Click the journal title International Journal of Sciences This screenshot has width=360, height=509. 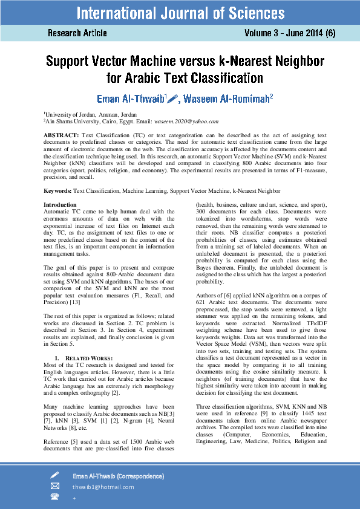point(180,13)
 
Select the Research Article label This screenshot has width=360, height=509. point(77,33)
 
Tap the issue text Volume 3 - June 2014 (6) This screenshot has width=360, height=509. point(290,33)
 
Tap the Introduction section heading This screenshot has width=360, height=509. point(60,205)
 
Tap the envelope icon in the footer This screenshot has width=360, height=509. point(55,486)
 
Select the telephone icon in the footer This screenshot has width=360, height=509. point(55,497)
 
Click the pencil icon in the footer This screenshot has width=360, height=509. point(55,475)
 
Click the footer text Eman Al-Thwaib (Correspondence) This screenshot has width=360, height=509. point(118,476)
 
